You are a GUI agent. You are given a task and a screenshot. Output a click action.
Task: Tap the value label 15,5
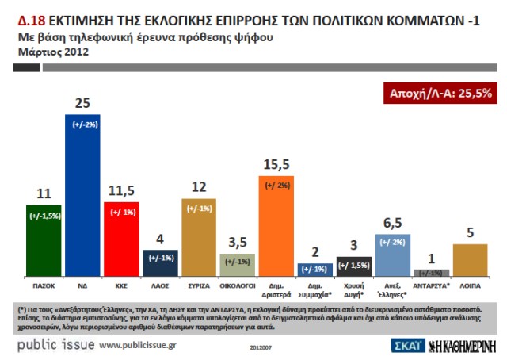(276, 165)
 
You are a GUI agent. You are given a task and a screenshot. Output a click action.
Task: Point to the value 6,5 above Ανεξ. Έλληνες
(393, 224)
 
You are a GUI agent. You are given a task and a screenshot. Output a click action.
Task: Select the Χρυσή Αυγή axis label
(353, 285)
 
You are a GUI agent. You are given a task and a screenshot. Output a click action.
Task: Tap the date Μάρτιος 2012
(53, 52)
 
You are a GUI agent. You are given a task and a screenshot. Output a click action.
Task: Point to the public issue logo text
(56, 345)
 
